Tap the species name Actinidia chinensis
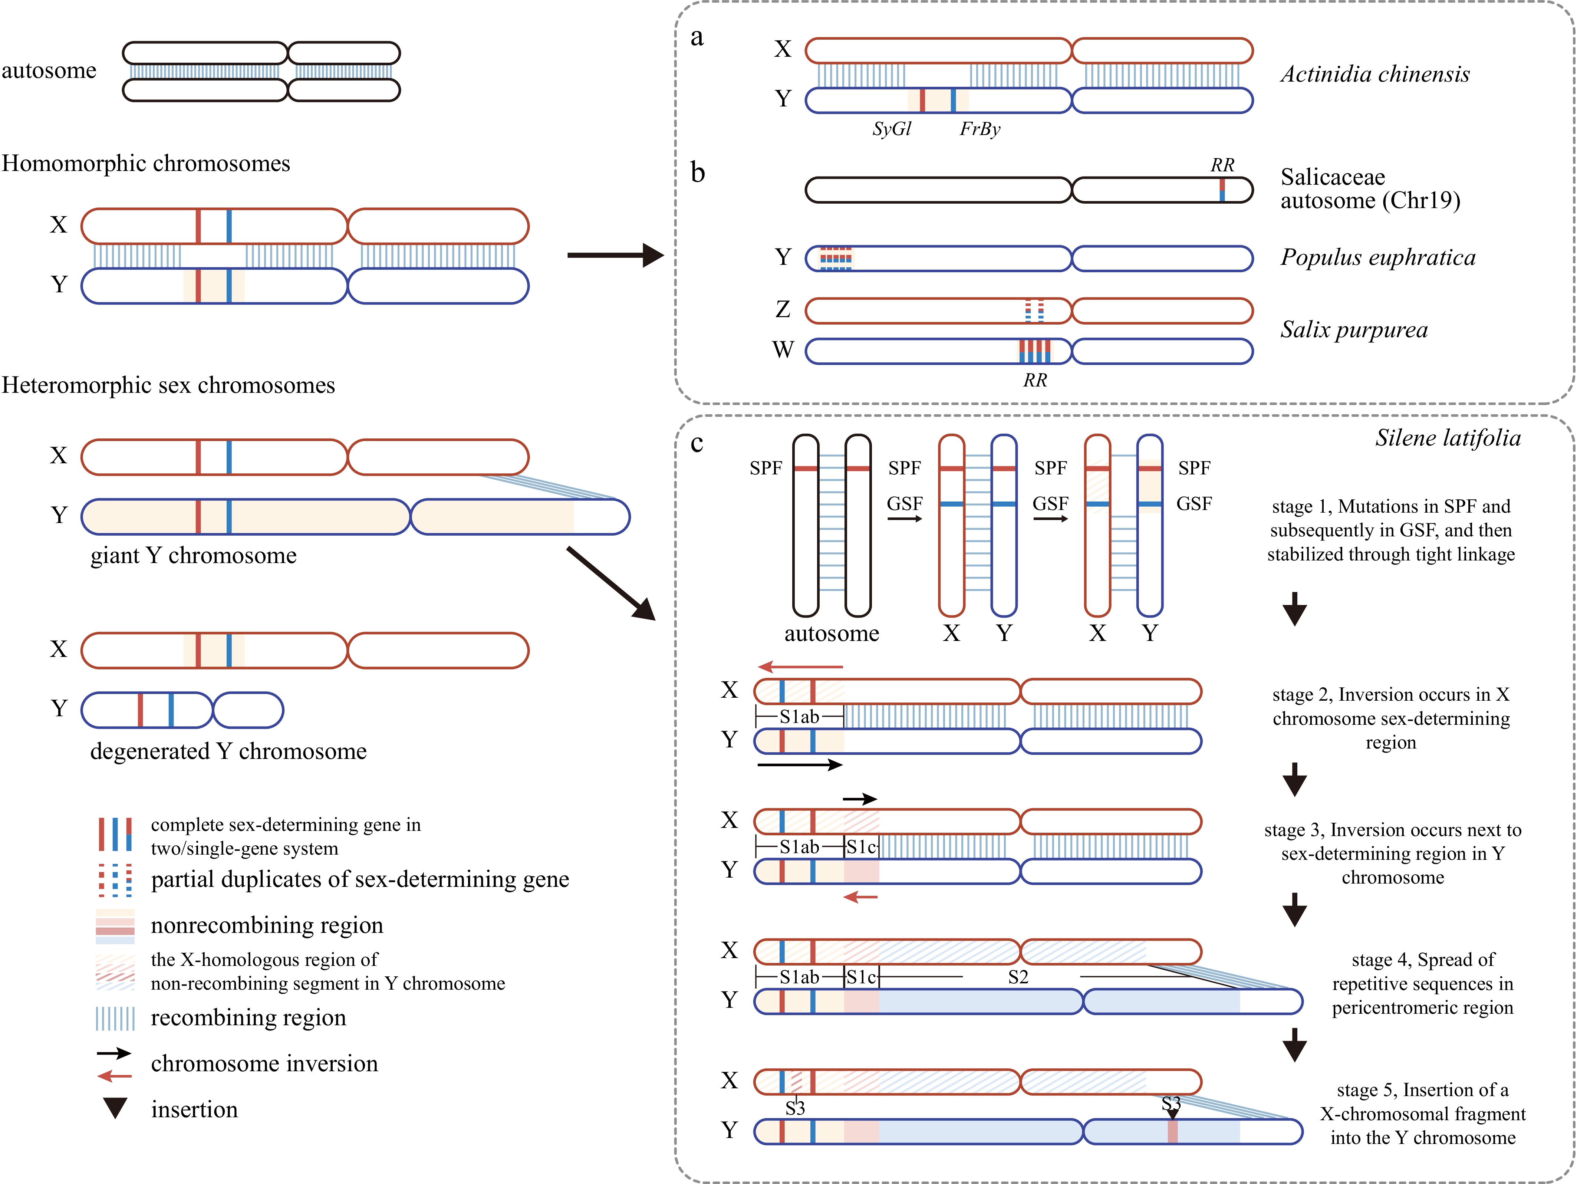(1374, 74)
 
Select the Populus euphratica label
(1377, 257)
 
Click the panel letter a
(697, 37)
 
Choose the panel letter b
(697, 172)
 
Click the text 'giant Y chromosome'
(193, 555)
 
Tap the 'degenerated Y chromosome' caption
(228, 751)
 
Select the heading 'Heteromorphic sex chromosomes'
(168, 385)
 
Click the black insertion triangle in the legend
(115, 1108)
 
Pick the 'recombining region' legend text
(248, 1017)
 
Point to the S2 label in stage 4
(1018, 977)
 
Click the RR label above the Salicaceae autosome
(1222, 165)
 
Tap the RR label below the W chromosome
(1035, 381)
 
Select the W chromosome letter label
(783, 350)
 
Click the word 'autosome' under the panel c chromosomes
(831, 634)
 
